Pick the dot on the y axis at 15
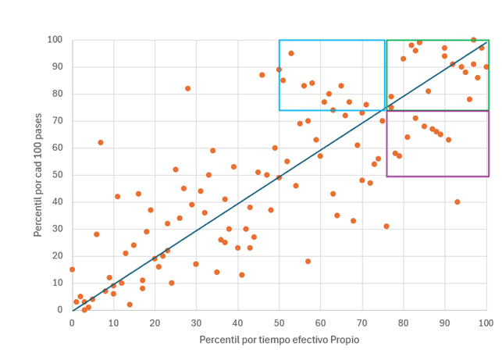pos(73,269)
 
